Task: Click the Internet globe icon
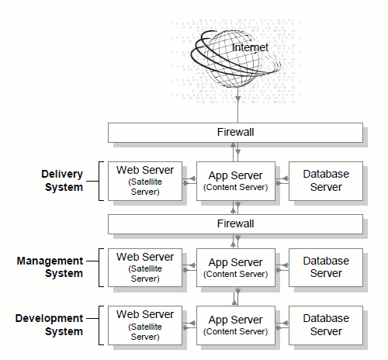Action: (235, 59)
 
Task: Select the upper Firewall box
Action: (235, 133)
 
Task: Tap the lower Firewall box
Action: (235, 224)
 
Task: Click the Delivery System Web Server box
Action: (145, 181)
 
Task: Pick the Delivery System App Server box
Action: (236, 181)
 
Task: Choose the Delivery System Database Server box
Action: (326, 181)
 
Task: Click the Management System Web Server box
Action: (145, 268)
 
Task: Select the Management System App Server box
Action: (236, 268)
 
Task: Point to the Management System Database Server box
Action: (326, 268)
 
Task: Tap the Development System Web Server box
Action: (145, 325)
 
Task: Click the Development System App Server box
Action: (236, 325)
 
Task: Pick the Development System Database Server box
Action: (326, 325)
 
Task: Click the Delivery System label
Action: (62, 181)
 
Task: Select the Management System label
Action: (50, 267)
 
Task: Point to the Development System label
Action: (49, 325)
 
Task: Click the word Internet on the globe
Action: (250, 47)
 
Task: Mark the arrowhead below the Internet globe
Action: (237, 99)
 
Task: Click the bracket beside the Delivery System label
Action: (99, 181)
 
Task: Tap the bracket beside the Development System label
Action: (99, 325)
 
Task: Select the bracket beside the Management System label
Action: (99, 268)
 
